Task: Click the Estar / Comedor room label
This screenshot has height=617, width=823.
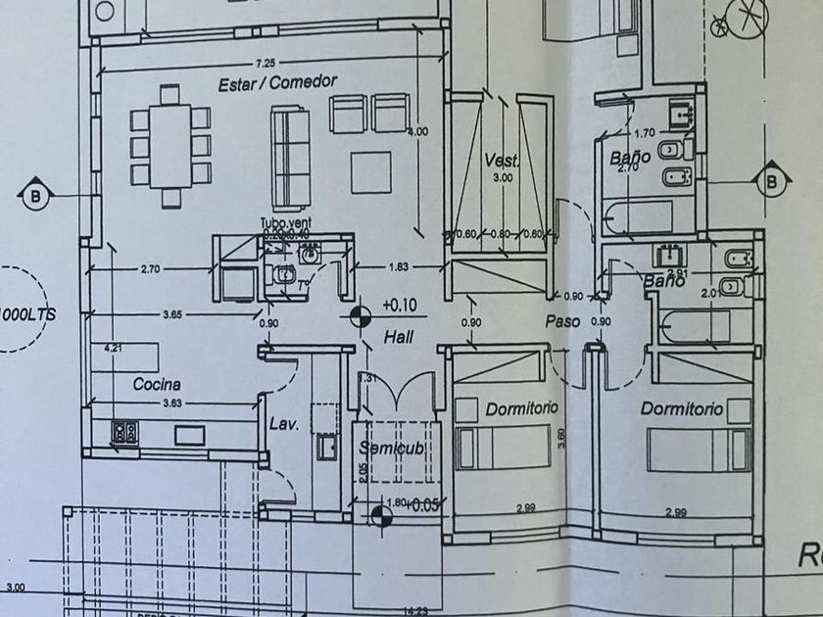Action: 278,82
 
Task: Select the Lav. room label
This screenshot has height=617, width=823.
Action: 283,424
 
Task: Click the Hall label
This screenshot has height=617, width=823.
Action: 398,336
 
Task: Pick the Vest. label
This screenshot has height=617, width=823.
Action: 501,161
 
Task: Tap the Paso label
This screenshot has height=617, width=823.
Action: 564,321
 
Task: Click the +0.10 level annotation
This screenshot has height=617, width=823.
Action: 399,305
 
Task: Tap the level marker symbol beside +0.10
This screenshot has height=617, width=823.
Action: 361,314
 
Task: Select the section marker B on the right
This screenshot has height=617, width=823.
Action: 771,181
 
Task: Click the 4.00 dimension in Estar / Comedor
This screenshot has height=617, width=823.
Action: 418,130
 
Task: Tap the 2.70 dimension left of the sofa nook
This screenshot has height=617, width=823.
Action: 150,266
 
